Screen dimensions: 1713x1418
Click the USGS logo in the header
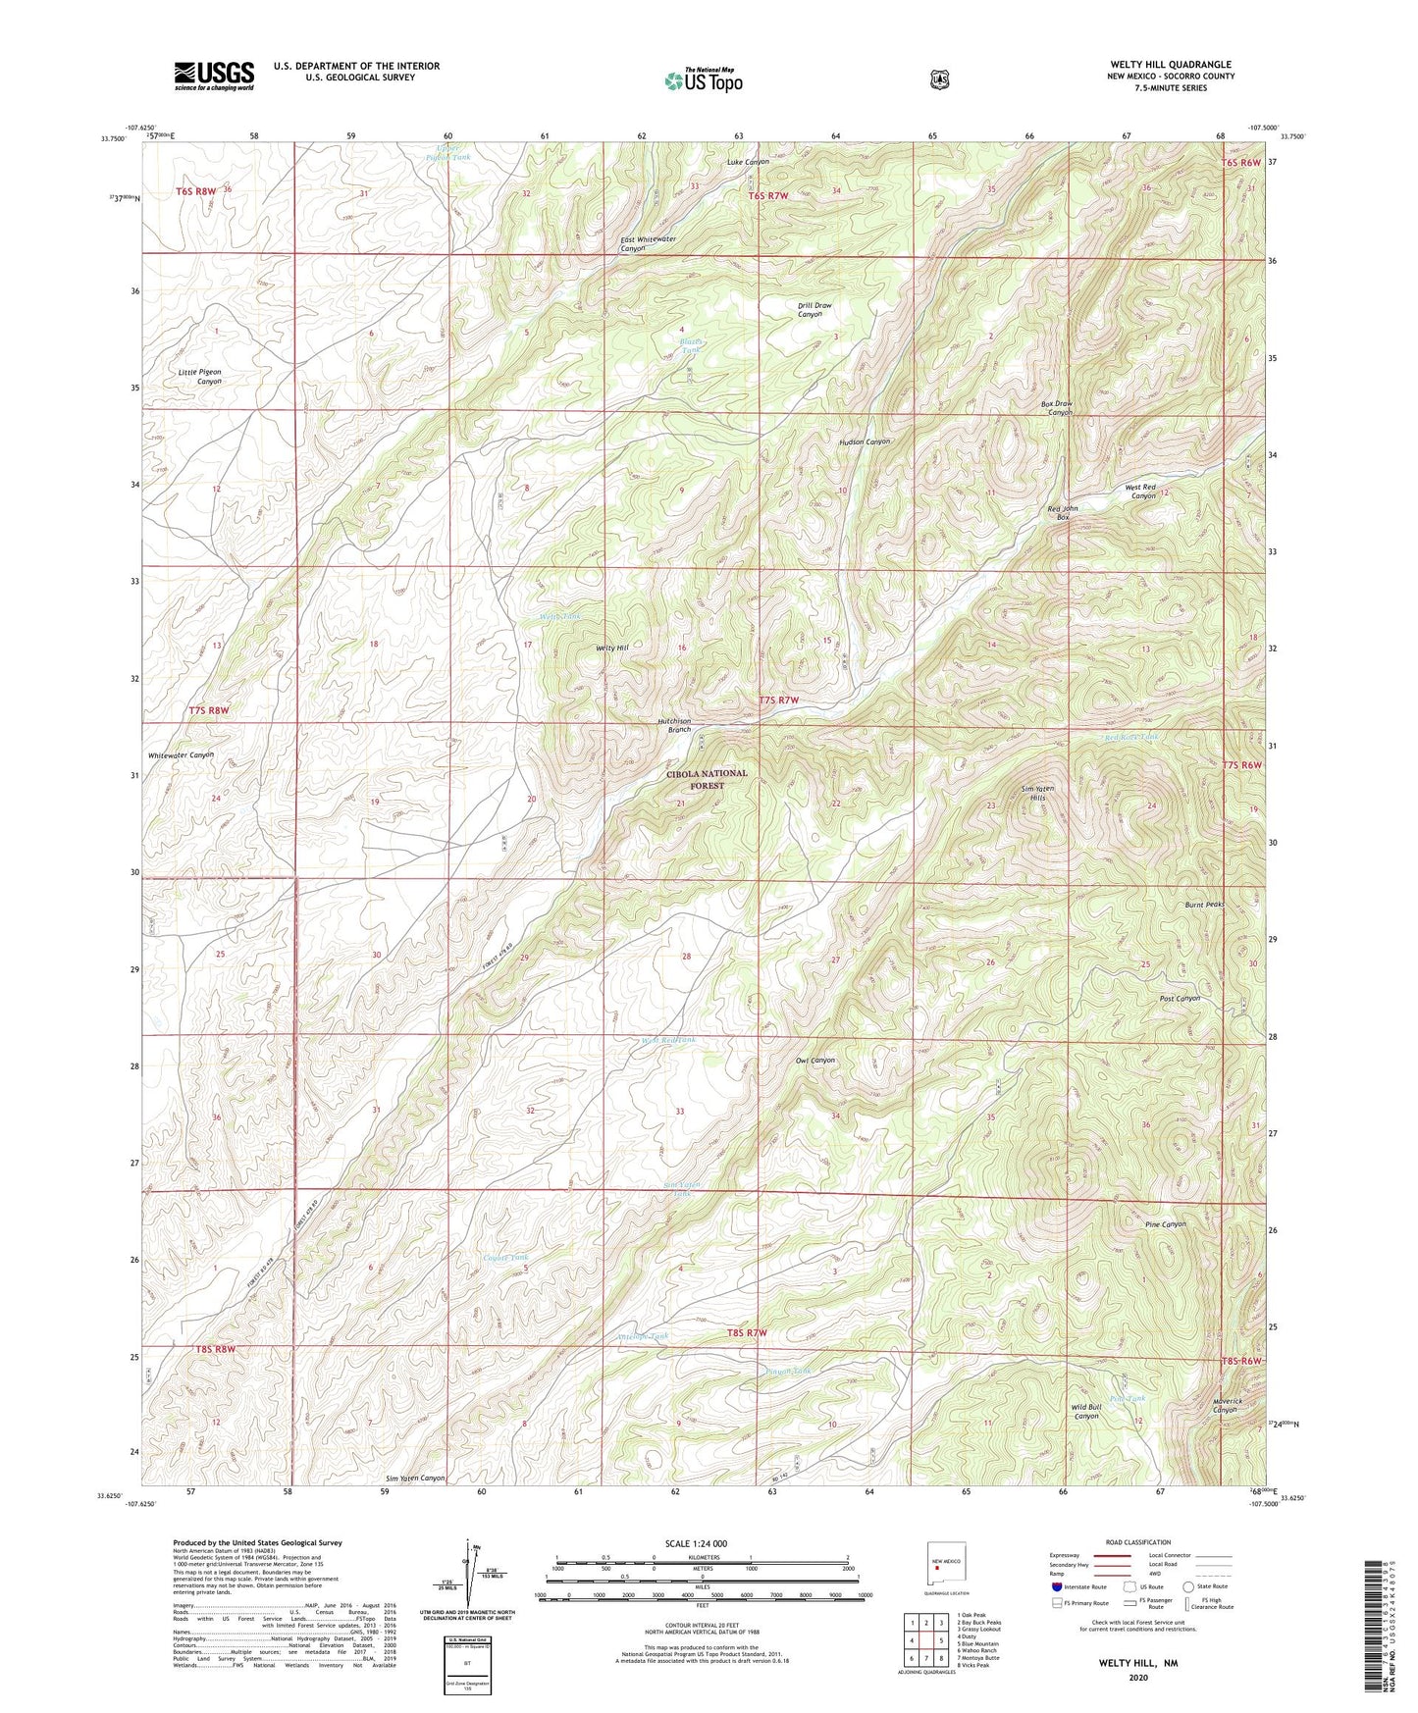pyautogui.click(x=214, y=75)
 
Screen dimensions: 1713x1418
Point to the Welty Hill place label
pyautogui.click(x=612, y=649)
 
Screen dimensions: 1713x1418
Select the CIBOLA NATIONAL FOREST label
pyautogui.click(x=707, y=780)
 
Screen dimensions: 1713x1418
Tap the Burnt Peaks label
pyautogui.click(x=1204, y=905)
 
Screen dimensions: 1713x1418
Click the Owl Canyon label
pyautogui.click(x=814, y=1061)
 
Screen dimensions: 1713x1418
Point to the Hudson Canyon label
pyautogui.click(x=864, y=442)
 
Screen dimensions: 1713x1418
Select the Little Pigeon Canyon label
pyautogui.click(x=200, y=377)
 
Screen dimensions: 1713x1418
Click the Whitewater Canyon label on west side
pyautogui.click(x=181, y=755)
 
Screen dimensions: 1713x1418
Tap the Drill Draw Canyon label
pyautogui.click(x=814, y=310)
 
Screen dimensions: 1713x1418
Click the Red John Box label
pyautogui.click(x=1063, y=512)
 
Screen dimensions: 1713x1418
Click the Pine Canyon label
pyautogui.click(x=1166, y=1224)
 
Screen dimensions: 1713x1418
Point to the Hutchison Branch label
pyautogui.click(x=674, y=725)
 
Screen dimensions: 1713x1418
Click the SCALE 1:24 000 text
pyautogui.click(x=696, y=1543)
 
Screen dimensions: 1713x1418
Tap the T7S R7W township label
pyautogui.click(x=779, y=700)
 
